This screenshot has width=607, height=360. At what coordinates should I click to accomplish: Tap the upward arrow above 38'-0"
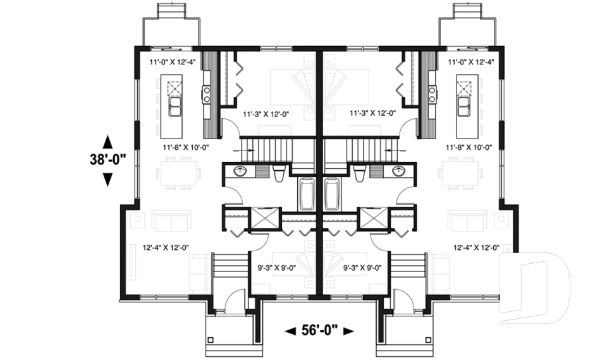click(107, 140)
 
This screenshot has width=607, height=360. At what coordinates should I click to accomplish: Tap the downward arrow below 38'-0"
click(107, 180)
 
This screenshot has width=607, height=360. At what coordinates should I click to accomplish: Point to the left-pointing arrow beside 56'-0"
click(291, 331)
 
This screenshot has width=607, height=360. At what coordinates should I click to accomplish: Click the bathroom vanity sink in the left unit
click(240, 171)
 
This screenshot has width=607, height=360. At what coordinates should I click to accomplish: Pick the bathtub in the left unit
click(307, 195)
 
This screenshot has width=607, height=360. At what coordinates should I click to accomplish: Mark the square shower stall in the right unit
click(371, 219)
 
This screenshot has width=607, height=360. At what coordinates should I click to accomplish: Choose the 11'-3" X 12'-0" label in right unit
click(372, 114)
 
